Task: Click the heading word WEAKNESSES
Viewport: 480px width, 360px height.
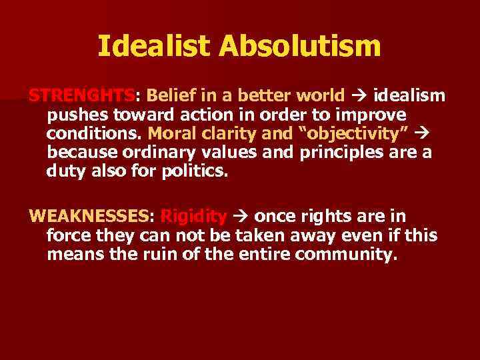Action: pyautogui.click(x=91, y=216)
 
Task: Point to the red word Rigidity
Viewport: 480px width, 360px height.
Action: pyautogui.click(x=194, y=216)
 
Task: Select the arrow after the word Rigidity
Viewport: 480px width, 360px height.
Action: pyautogui.click(x=240, y=216)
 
